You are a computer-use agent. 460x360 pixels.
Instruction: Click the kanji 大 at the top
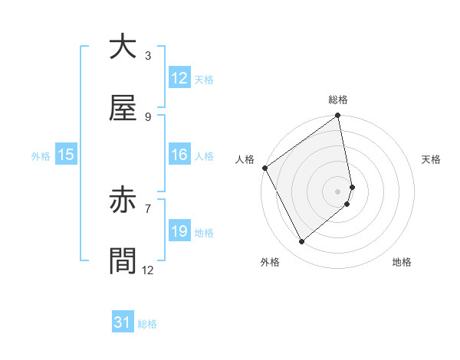[x=122, y=47]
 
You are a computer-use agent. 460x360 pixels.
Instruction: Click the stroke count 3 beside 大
[x=147, y=55]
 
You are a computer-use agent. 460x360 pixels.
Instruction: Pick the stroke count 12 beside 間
[x=148, y=270]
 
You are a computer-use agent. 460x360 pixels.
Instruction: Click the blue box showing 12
[x=179, y=78]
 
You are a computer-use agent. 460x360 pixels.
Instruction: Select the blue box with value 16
[x=179, y=155]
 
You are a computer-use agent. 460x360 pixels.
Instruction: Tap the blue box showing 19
[x=179, y=231]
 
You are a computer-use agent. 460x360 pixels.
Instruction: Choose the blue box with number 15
[x=66, y=155]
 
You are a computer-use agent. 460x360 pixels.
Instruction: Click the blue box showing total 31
[x=122, y=322]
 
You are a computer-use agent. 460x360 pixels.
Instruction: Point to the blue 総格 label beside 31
[x=147, y=324]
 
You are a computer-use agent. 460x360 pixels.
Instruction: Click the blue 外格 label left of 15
[x=41, y=156]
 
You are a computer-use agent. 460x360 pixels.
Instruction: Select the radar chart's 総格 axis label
[x=338, y=100]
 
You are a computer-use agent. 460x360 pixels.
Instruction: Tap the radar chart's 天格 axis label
[x=432, y=159]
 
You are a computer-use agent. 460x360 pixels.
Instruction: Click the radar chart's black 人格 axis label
[x=245, y=159]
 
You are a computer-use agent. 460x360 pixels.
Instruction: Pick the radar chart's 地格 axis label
[x=402, y=262]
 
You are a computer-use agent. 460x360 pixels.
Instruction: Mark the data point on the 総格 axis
[x=338, y=117]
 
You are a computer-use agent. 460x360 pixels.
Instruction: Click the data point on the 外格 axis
[x=301, y=241]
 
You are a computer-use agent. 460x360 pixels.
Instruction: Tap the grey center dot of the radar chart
[x=338, y=191]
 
